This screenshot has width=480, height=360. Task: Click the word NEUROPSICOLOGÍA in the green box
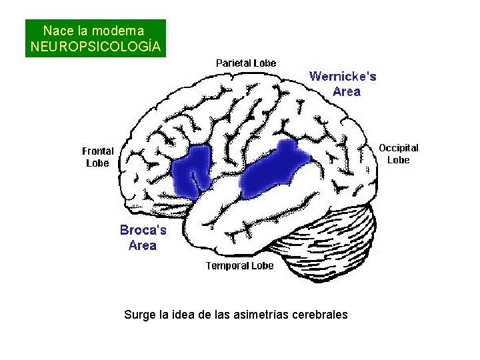point(95,47)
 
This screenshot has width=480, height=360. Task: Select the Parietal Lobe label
point(246,63)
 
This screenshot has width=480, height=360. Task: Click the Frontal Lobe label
point(98,157)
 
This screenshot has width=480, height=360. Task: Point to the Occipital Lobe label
point(399,153)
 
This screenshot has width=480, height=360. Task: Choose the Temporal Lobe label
point(240,266)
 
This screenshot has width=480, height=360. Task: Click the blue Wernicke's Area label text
point(343,83)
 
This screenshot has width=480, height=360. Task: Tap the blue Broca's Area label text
point(143,237)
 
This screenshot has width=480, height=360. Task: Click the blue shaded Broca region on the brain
point(191,172)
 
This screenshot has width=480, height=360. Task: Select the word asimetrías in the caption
point(263,314)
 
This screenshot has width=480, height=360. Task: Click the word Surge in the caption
point(139,314)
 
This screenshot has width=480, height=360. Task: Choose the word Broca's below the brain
point(143,230)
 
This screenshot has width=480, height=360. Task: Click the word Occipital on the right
point(399,147)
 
